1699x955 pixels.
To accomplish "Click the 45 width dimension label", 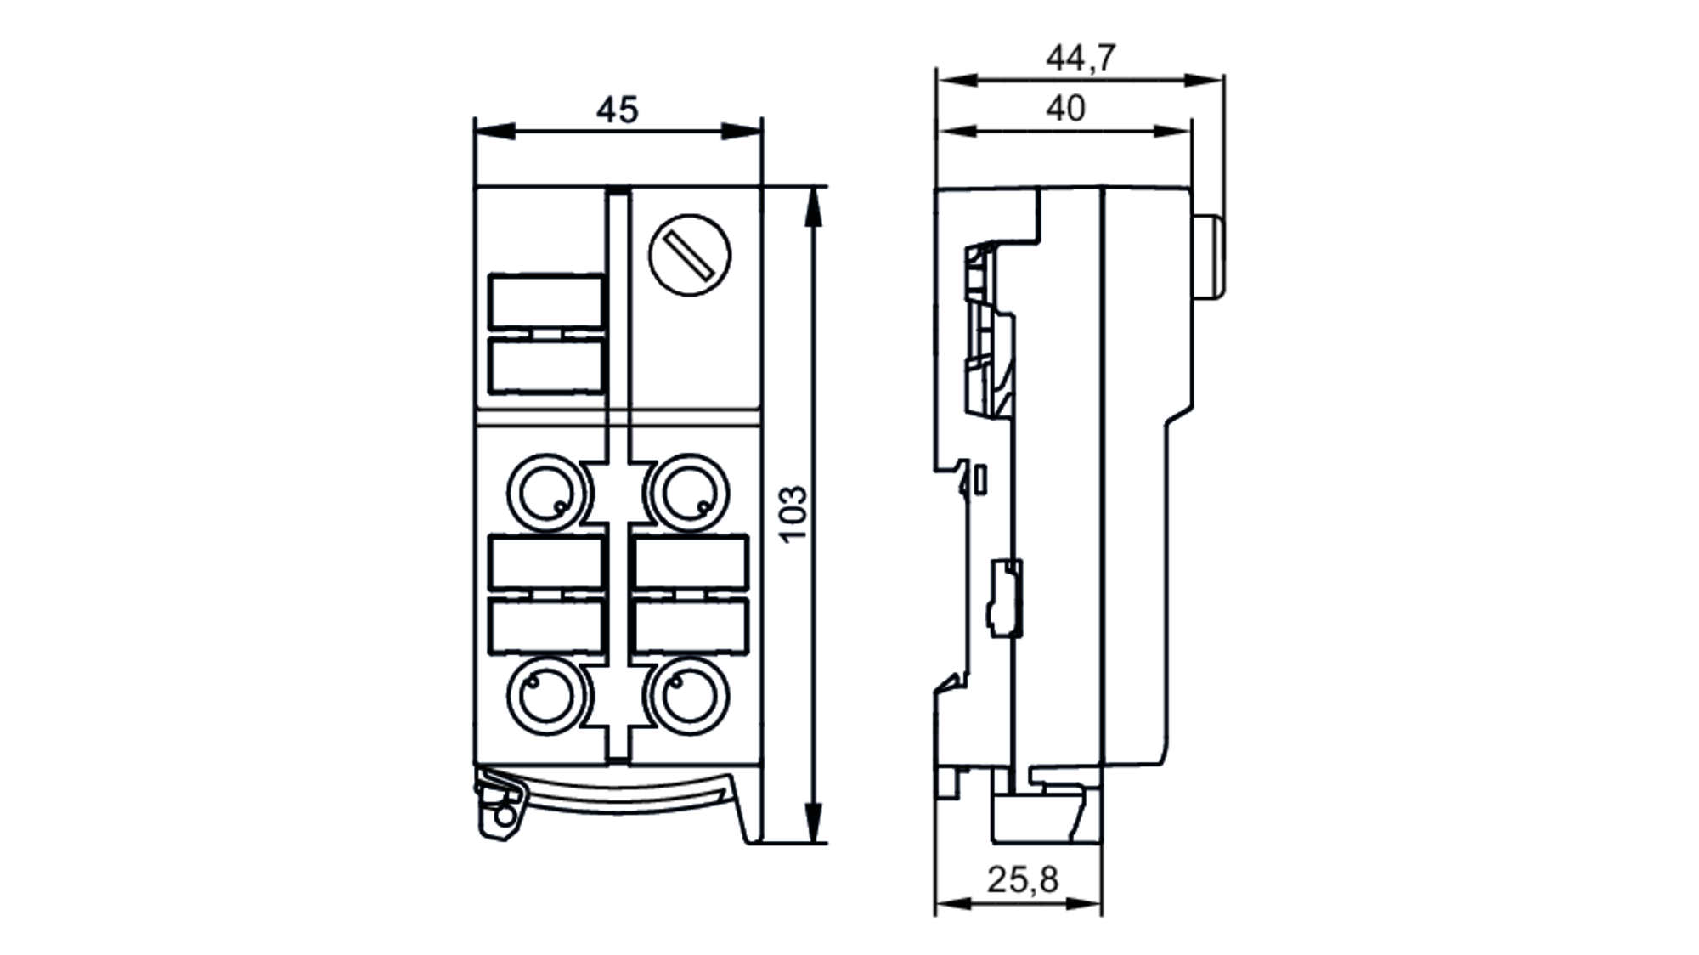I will pyautogui.click(x=617, y=110).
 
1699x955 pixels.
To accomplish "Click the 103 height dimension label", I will pyautogui.click(x=793, y=514).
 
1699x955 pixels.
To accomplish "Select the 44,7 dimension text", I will pyautogui.click(x=1080, y=58).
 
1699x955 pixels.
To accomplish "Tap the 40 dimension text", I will pyautogui.click(x=1065, y=109).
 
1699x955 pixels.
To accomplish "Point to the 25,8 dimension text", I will pyautogui.click(x=1023, y=879).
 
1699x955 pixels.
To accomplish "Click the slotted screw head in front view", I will pyautogui.click(x=689, y=255).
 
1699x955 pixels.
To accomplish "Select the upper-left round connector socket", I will pyautogui.click(x=546, y=493).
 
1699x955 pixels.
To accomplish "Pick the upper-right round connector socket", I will pyautogui.click(x=689, y=493).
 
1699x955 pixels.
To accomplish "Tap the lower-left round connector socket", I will pyautogui.click(x=546, y=697).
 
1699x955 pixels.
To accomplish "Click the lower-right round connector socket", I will pyautogui.click(x=689, y=697).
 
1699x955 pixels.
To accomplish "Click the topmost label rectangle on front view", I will pyautogui.click(x=546, y=301).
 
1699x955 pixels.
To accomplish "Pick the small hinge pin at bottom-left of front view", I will pyautogui.click(x=505, y=816).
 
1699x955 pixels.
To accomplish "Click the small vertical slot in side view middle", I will pyautogui.click(x=980, y=479).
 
